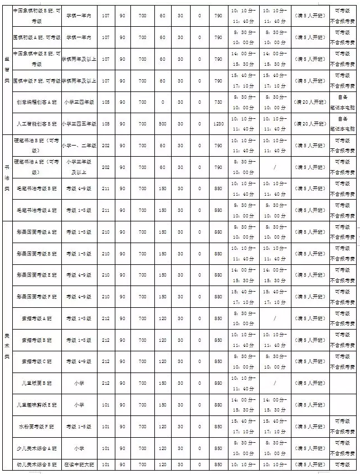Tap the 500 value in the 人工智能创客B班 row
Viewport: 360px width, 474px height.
[162, 124]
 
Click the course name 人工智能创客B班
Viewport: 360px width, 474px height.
[36, 124]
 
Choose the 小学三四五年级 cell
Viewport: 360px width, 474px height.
[79, 124]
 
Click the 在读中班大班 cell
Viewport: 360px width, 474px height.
[79, 464]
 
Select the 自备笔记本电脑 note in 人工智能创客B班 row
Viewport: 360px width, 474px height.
[343, 124]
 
